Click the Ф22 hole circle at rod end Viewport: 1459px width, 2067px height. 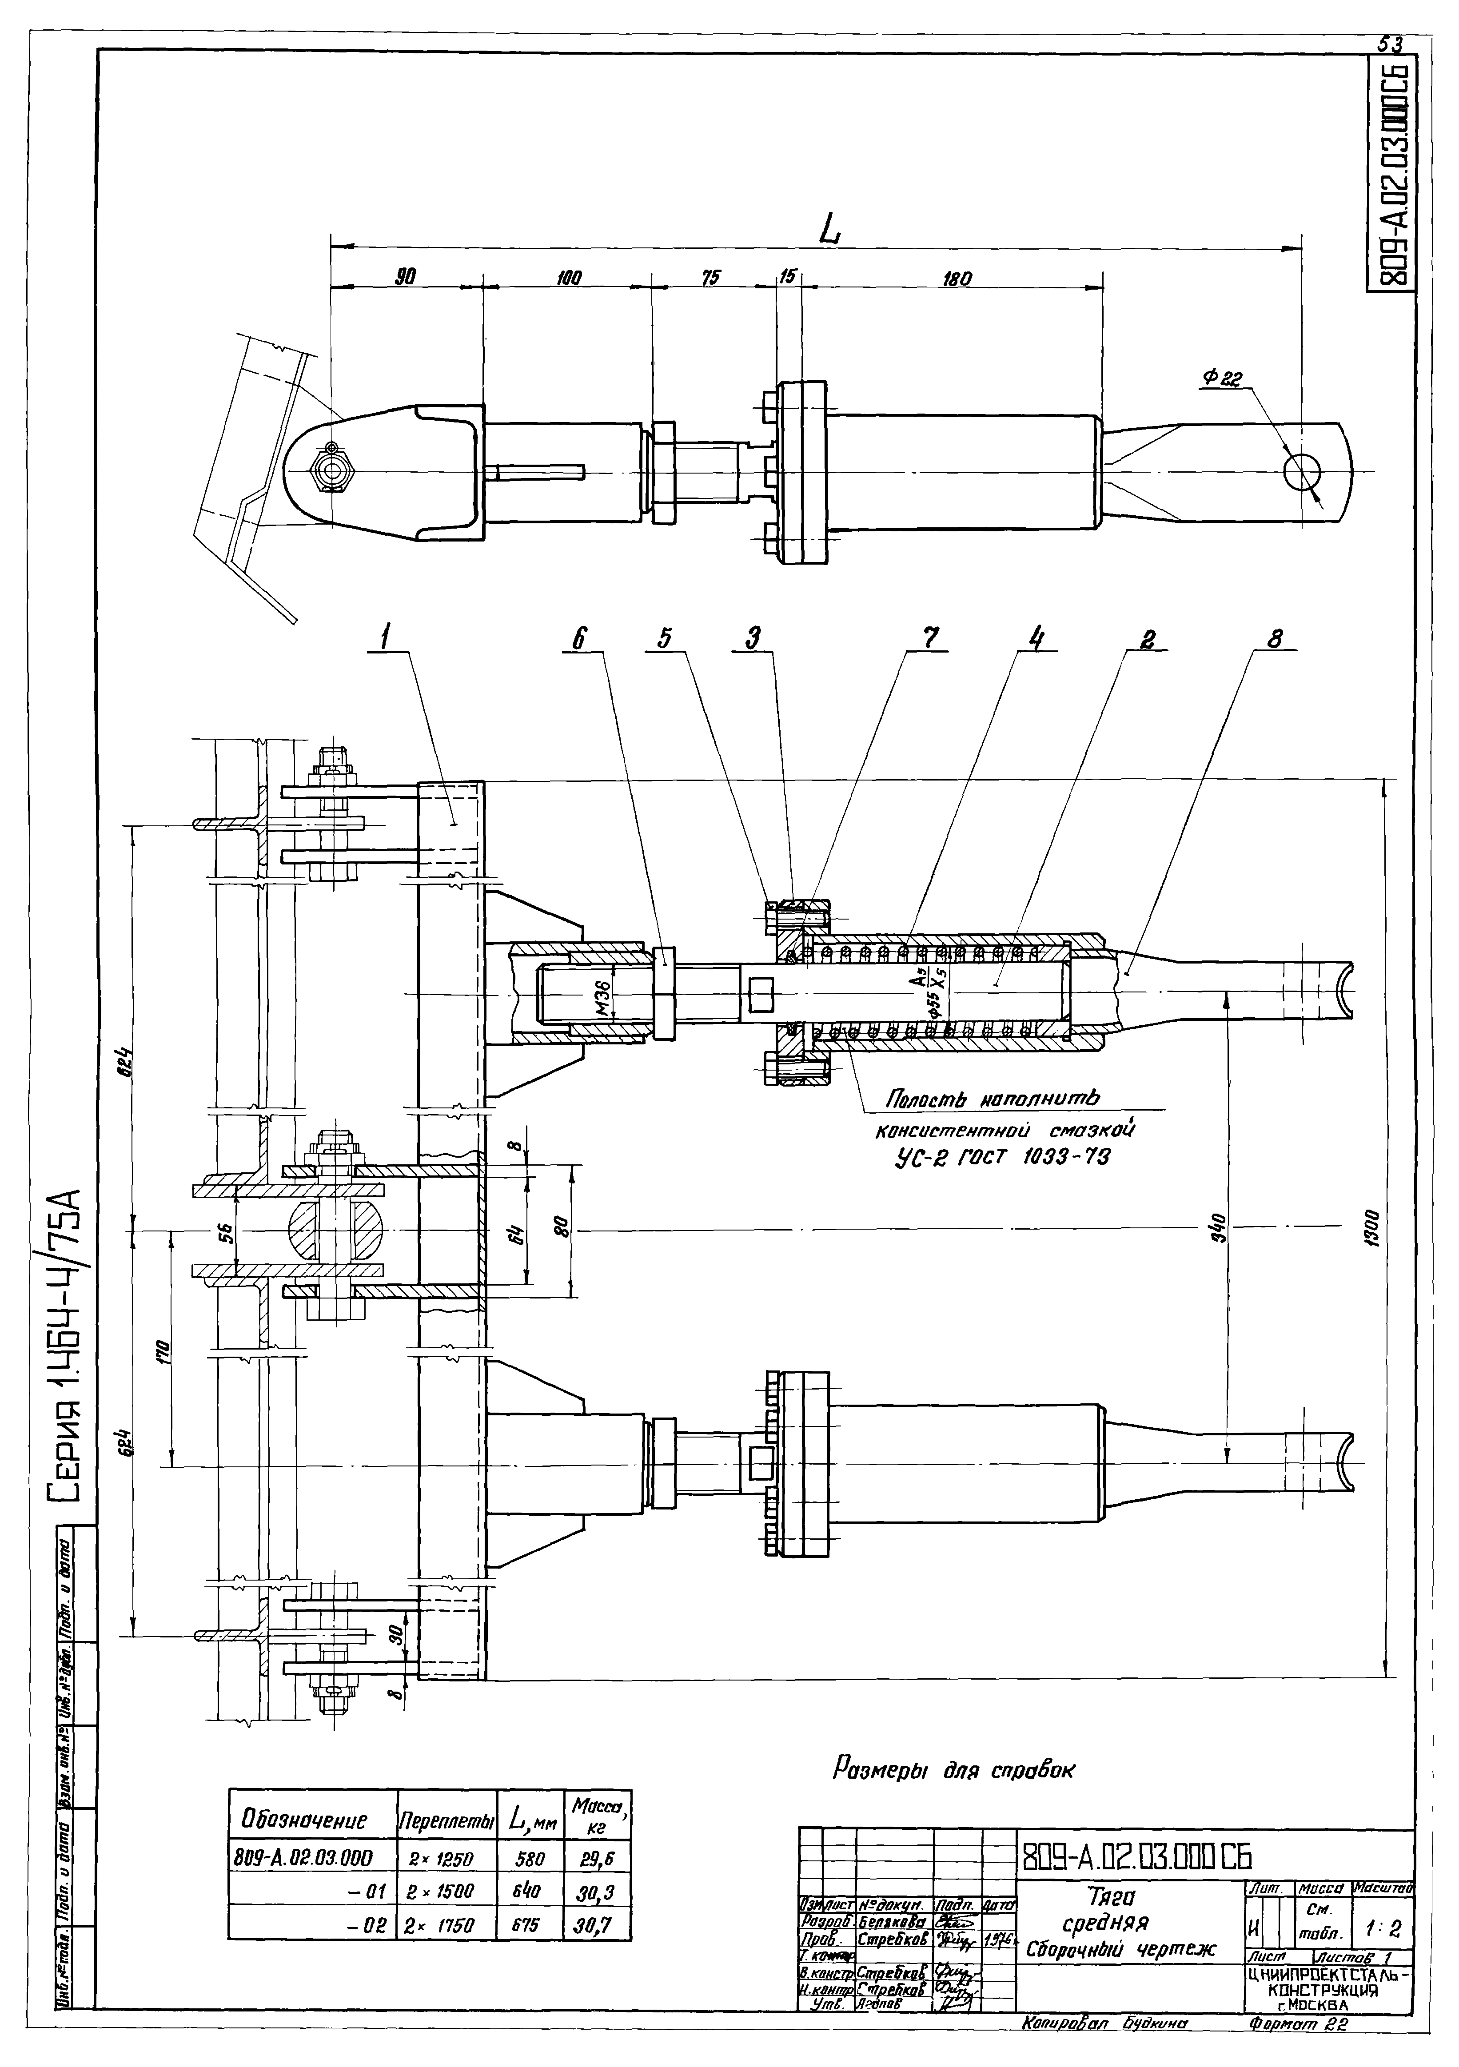coord(1301,472)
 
